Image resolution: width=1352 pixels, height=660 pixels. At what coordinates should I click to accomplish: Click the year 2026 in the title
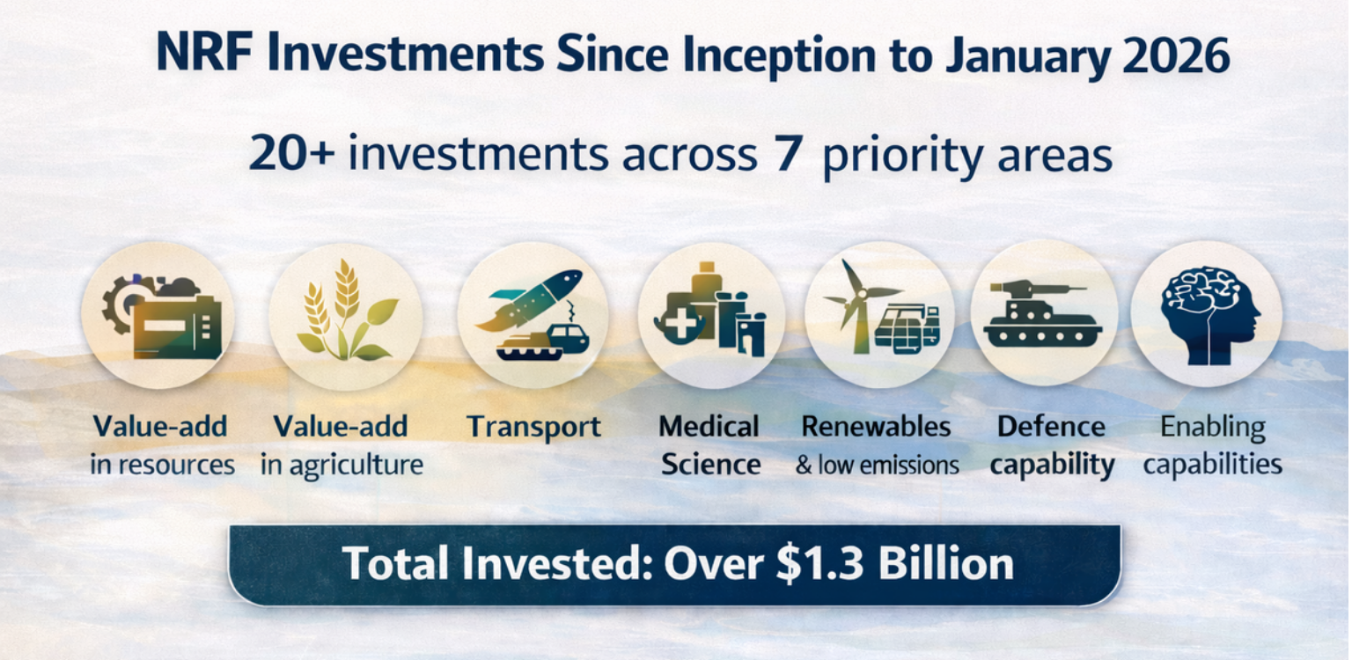1176,55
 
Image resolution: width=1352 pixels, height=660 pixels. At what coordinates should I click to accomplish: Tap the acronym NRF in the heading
204,54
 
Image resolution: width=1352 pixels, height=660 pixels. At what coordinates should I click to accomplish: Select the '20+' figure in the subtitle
291,153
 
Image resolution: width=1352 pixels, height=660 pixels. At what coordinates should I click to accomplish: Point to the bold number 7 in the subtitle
789,153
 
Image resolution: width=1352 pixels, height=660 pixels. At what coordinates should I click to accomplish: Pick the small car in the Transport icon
568,338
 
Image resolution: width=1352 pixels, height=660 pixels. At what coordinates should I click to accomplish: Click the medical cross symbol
680,324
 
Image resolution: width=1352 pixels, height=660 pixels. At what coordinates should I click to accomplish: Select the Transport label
534,427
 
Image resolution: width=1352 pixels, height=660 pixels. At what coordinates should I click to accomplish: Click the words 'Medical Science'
709,445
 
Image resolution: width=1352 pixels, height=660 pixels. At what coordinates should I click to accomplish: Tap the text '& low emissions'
877,466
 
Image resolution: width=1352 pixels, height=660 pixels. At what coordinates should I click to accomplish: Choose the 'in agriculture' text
342,466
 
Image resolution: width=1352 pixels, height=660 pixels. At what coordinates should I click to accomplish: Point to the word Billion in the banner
946,563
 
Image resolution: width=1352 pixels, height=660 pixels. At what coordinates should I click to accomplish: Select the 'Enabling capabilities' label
1213,445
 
